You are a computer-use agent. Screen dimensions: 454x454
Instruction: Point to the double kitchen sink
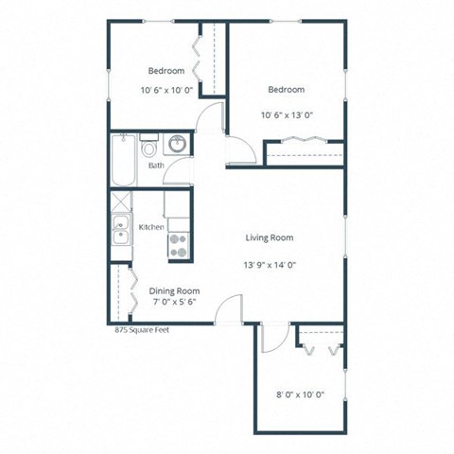(120, 231)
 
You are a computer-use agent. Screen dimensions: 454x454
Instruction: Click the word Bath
(156, 166)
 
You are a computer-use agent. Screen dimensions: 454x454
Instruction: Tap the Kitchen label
(152, 227)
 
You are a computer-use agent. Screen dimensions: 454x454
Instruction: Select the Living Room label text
(270, 238)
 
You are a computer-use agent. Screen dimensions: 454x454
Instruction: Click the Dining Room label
(174, 291)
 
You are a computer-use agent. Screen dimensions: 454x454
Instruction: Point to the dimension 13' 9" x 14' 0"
(270, 266)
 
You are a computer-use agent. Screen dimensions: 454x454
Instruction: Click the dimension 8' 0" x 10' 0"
(299, 393)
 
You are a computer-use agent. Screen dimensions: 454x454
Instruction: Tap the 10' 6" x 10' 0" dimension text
(166, 91)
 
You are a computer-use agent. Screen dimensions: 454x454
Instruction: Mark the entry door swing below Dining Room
(227, 308)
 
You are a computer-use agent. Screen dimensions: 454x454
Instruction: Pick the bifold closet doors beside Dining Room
(124, 293)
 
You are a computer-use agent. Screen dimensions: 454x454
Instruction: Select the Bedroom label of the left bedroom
(166, 71)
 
